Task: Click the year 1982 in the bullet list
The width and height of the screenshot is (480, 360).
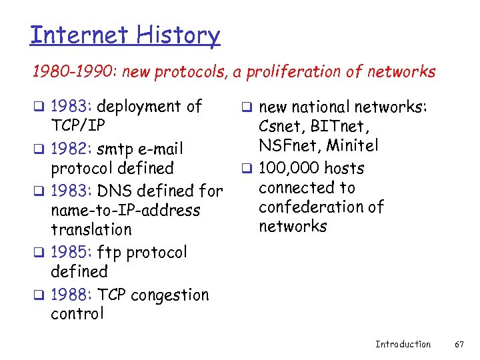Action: (71, 149)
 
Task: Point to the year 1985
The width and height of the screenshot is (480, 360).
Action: (71, 253)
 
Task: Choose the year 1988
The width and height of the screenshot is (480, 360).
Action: (71, 295)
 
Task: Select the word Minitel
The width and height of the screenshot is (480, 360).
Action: (354, 145)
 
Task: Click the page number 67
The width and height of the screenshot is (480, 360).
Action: (458, 344)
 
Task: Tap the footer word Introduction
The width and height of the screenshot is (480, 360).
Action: (403, 344)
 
